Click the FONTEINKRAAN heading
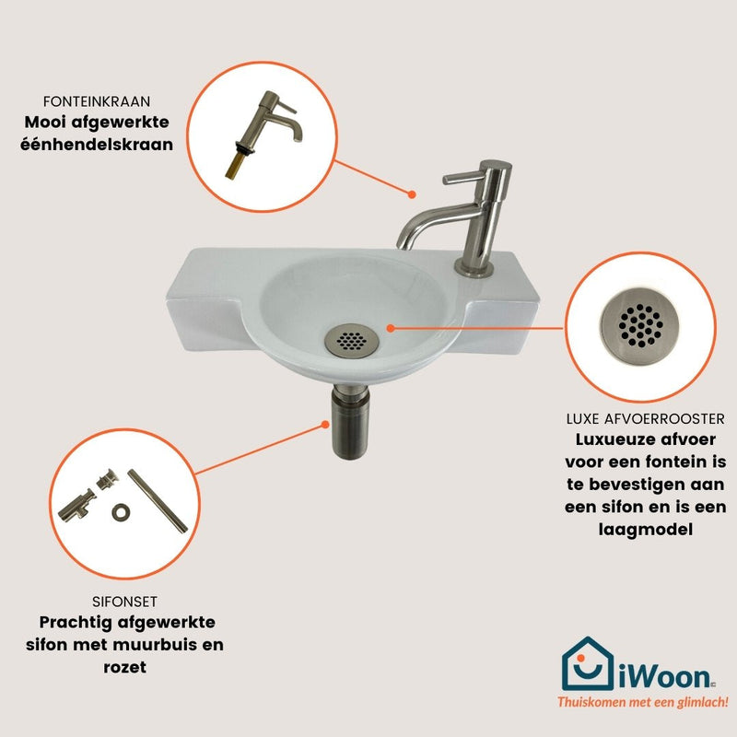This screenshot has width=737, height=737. point(97,101)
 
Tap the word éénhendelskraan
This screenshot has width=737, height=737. point(97,144)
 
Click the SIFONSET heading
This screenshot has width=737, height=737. point(124,602)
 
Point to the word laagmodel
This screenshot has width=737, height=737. point(646,530)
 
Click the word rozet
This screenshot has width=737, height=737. point(124,667)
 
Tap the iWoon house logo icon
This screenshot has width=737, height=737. point(588,663)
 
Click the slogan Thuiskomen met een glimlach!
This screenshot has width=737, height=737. point(642,702)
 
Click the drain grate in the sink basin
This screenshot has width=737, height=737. point(351,341)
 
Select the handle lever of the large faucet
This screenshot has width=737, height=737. point(463,178)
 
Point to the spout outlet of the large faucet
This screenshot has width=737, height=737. point(404,243)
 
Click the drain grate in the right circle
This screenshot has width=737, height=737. point(640,325)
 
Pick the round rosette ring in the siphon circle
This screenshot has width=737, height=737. point(121,512)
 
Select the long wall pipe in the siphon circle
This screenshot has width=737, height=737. point(158,500)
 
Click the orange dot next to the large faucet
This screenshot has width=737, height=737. point(412,194)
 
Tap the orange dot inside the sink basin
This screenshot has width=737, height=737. point(390,328)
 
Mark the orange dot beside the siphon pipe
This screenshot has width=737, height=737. point(325,425)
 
